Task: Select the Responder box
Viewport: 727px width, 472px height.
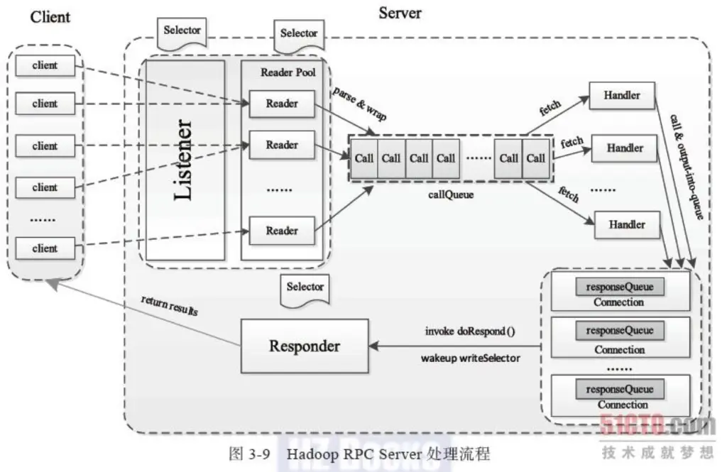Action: [305, 346]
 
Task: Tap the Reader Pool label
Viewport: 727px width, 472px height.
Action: [288, 72]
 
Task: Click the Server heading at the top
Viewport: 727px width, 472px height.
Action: [399, 12]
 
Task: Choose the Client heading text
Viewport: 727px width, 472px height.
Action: [50, 17]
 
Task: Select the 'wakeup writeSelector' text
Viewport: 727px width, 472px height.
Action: [470, 358]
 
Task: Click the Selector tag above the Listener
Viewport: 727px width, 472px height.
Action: [182, 31]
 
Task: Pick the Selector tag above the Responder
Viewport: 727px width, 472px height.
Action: [305, 287]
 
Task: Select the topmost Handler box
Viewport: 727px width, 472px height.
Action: [622, 95]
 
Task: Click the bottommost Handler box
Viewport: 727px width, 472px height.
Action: [626, 224]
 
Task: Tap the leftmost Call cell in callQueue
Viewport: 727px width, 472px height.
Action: [363, 158]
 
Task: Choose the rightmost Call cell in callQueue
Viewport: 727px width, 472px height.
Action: [536, 158]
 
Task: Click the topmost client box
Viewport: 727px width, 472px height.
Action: [45, 65]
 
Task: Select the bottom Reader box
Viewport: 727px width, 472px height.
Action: [282, 230]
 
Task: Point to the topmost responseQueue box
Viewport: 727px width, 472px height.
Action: [620, 287]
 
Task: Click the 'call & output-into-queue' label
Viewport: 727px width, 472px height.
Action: [688, 166]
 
